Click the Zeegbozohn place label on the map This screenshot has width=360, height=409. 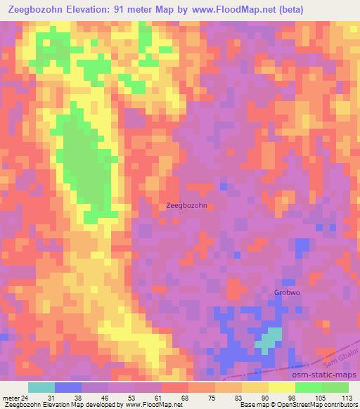[x=187, y=206]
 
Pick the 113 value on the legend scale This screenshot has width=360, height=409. [x=347, y=397]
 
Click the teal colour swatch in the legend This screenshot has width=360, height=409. [x=41, y=387]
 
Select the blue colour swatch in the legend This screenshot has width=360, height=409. [x=68, y=387]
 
